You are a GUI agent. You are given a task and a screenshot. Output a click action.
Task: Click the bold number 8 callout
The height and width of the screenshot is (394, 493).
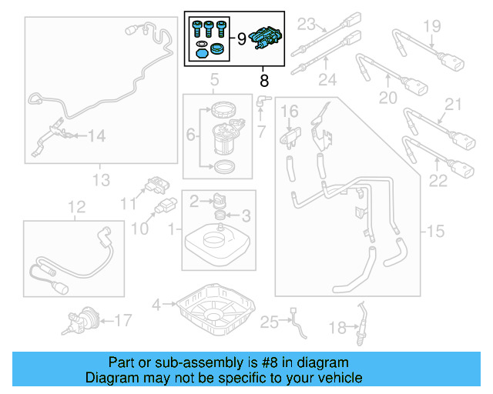pos(264,79)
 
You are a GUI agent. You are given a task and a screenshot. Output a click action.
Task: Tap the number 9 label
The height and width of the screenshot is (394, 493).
pos(241,37)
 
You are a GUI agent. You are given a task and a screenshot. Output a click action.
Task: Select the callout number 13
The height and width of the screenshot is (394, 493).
pos(101,181)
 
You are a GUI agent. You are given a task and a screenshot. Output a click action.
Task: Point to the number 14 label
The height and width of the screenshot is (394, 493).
pos(96,136)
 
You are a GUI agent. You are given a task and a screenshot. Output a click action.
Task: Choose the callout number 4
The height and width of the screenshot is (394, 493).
pos(156,306)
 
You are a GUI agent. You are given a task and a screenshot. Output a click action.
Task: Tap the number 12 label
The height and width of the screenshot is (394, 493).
pos(75,207)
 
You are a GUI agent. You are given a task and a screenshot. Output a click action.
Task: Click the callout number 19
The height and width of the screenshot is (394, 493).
pos(431,26)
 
